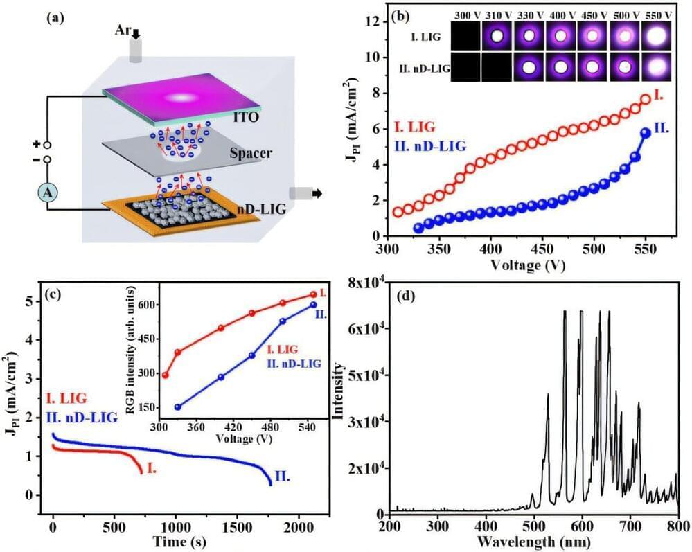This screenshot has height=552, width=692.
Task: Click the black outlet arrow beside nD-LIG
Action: [x=314, y=194]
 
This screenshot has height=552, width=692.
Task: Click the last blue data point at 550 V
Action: [x=646, y=133]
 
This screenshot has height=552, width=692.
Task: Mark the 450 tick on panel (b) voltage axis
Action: [x=542, y=247]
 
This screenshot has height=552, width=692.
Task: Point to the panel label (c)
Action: [x=55, y=292]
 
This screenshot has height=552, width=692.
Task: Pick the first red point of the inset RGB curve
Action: [x=165, y=375]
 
